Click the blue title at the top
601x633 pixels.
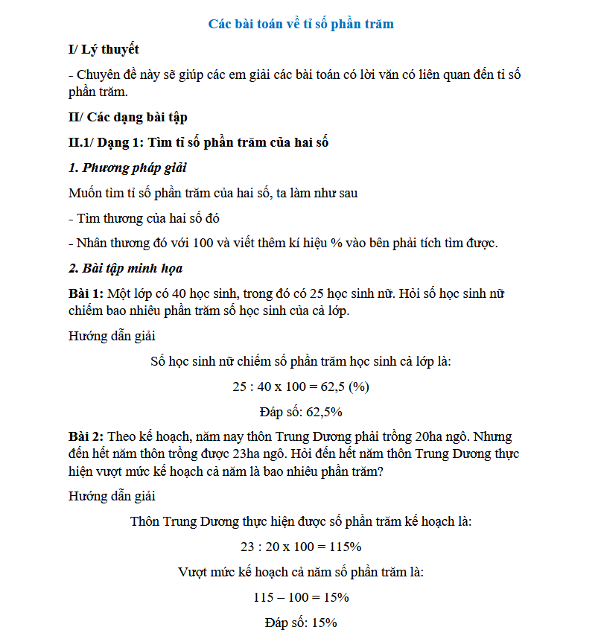pyautogui.click(x=301, y=24)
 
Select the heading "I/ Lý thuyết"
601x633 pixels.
pyautogui.click(x=104, y=50)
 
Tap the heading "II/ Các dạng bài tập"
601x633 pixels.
pyautogui.click(x=127, y=117)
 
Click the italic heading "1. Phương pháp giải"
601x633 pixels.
pyautogui.click(x=127, y=168)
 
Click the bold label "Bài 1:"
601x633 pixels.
pyautogui.click(x=86, y=293)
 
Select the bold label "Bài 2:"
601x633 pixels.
pyautogui.click(x=86, y=436)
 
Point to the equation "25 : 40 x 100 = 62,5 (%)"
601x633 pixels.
pyautogui.click(x=301, y=387)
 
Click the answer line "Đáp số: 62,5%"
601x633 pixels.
pyautogui.click(x=301, y=411)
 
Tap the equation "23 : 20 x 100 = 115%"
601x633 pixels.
pyautogui.click(x=301, y=547)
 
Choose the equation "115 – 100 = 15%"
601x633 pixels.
pyautogui.click(x=301, y=597)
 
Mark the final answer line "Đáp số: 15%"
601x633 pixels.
pyautogui.click(x=301, y=623)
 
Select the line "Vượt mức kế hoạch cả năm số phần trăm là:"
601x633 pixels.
pyautogui.click(x=301, y=572)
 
